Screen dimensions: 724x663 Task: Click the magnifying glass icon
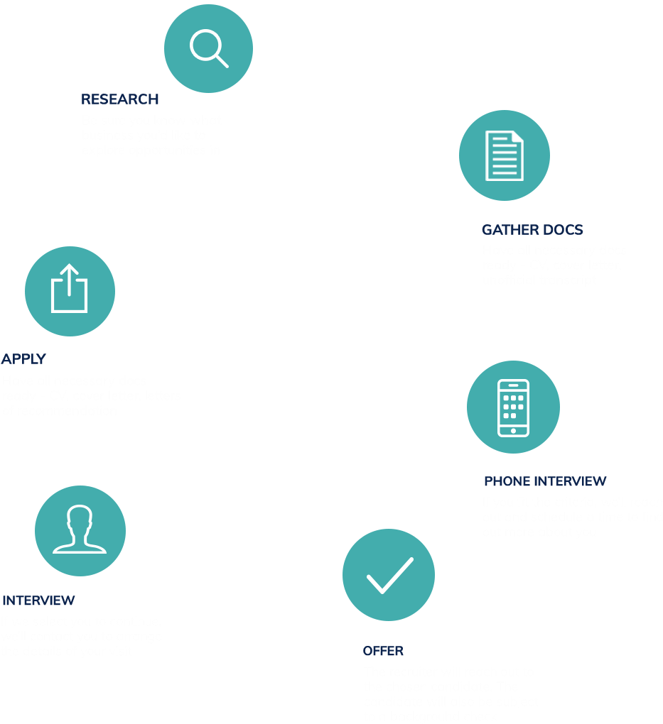208,48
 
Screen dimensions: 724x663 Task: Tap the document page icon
504,155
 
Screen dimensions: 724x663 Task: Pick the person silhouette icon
80,529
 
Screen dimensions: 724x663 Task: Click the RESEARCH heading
119,99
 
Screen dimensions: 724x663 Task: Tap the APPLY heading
23,359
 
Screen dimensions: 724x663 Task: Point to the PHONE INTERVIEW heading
545,482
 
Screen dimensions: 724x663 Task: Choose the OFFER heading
383,651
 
